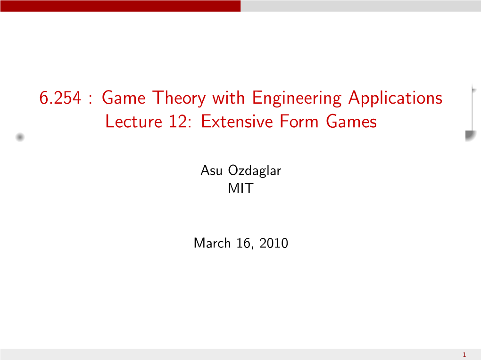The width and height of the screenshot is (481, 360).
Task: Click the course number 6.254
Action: point(60,98)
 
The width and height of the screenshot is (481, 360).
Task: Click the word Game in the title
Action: point(124,98)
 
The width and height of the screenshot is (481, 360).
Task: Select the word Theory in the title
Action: point(179,98)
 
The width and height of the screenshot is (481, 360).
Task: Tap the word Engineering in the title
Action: point(297,98)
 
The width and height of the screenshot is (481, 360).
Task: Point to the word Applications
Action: point(396,98)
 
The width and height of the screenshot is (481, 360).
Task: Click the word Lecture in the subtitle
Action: point(134,122)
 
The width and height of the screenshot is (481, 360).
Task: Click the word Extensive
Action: point(237,122)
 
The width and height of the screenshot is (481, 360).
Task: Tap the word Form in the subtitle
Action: point(299,122)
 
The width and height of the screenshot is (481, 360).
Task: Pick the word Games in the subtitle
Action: point(351,122)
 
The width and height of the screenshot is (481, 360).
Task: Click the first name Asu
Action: point(211,171)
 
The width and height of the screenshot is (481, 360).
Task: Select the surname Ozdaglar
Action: point(255,171)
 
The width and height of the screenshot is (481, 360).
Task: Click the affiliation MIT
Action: point(241,188)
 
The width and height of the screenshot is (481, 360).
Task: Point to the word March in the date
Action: point(212,243)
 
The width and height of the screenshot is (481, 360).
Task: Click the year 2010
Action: point(274,243)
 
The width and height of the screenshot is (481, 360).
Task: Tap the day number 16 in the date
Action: point(244,243)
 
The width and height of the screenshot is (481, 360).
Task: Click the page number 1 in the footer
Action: point(464,355)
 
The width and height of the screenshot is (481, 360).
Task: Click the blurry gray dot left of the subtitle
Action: point(20,137)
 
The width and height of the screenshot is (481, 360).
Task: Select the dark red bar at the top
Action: point(120,6)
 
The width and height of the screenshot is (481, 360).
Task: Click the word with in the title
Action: point(229,98)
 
